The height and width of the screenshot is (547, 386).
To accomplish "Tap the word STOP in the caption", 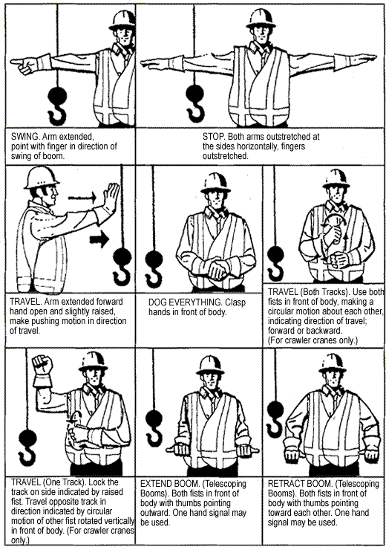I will [x=215, y=137].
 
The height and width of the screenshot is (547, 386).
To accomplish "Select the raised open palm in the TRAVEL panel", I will [x=110, y=199].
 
